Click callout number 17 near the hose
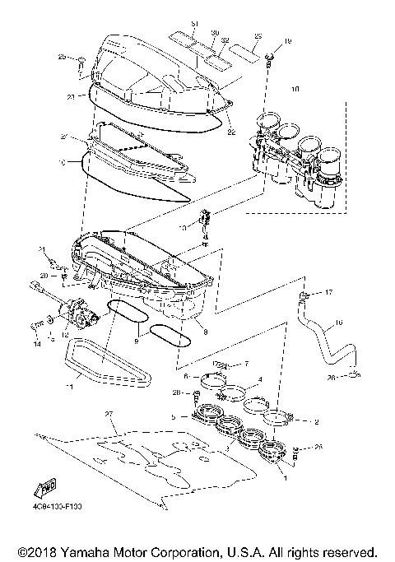(x=328, y=292)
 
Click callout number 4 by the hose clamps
(x=260, y=380)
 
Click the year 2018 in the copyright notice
(x=35, y=550)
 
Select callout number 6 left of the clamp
(x=187, y=376)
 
